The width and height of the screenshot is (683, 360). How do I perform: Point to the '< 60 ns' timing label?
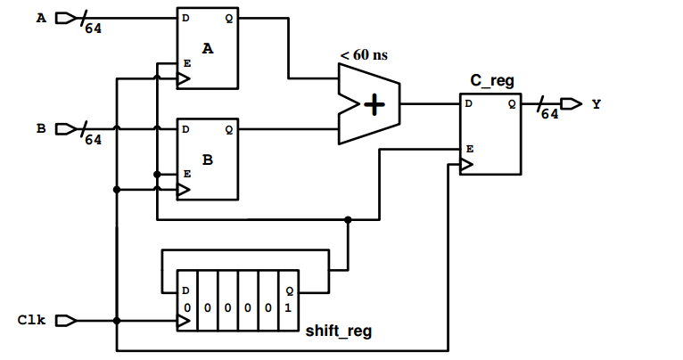point(364,55)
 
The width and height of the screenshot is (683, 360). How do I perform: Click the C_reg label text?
point(491,81)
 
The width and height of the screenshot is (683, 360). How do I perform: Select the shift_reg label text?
point(339,331)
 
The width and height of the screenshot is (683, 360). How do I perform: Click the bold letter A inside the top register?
point(208,50)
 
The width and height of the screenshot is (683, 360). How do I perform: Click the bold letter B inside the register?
point(208,161)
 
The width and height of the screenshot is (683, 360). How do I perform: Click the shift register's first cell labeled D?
point(186,300)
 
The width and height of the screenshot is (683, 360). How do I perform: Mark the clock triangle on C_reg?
point(465,165)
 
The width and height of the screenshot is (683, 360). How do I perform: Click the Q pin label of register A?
point(229,17)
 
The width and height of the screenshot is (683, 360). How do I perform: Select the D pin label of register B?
point(185,129)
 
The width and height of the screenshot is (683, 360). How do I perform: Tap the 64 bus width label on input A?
point(93,29)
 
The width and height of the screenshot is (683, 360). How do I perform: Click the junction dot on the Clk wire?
point(116,320)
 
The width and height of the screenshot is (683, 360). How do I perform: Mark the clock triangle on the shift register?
point(183,320)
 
